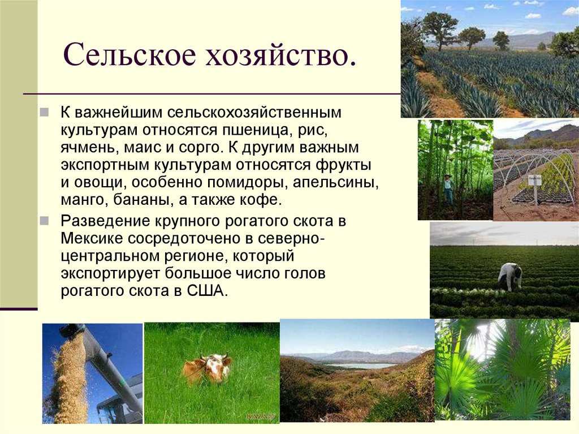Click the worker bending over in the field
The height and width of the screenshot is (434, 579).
[509, 276]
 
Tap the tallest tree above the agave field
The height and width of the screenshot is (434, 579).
[439, 25]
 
